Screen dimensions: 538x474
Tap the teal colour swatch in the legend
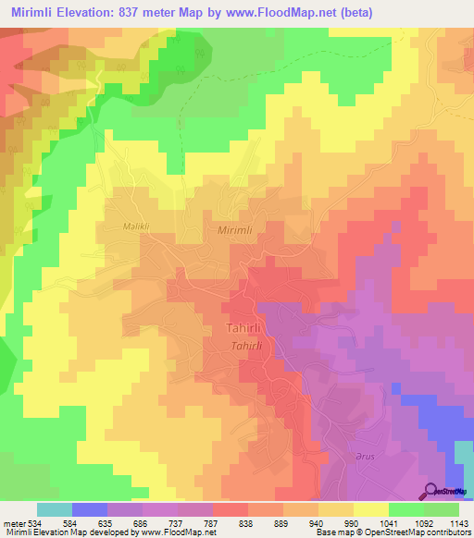55,509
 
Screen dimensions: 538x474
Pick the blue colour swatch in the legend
90,509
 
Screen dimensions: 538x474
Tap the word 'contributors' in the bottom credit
446,532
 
